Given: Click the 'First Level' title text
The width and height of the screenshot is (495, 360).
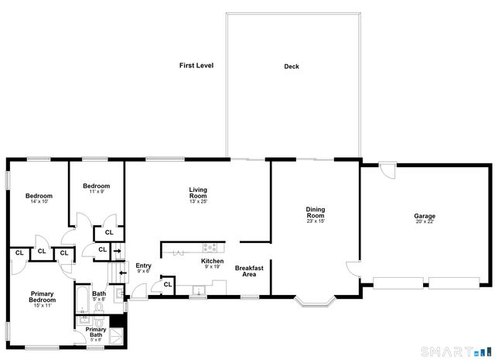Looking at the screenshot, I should (x=196, y=66).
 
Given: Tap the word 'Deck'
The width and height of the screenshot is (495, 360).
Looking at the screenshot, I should (x=291, y=67).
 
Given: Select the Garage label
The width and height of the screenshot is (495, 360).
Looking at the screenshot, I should (x=424, y=216).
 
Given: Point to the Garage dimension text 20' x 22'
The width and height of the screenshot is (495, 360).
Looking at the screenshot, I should (x=424, y=223).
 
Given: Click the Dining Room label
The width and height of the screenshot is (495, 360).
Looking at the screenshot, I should (x=314, y=211).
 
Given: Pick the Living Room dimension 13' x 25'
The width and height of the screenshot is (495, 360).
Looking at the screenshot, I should (x=198, y=201).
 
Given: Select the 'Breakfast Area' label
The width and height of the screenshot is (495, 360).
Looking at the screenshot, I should (x=249, y=271).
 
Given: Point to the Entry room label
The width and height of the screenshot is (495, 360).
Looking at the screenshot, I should (x=143, y=266).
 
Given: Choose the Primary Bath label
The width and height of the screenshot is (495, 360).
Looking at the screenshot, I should (x=96, y=332).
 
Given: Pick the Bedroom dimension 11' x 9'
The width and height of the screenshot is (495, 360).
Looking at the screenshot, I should (x=96, y=192).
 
